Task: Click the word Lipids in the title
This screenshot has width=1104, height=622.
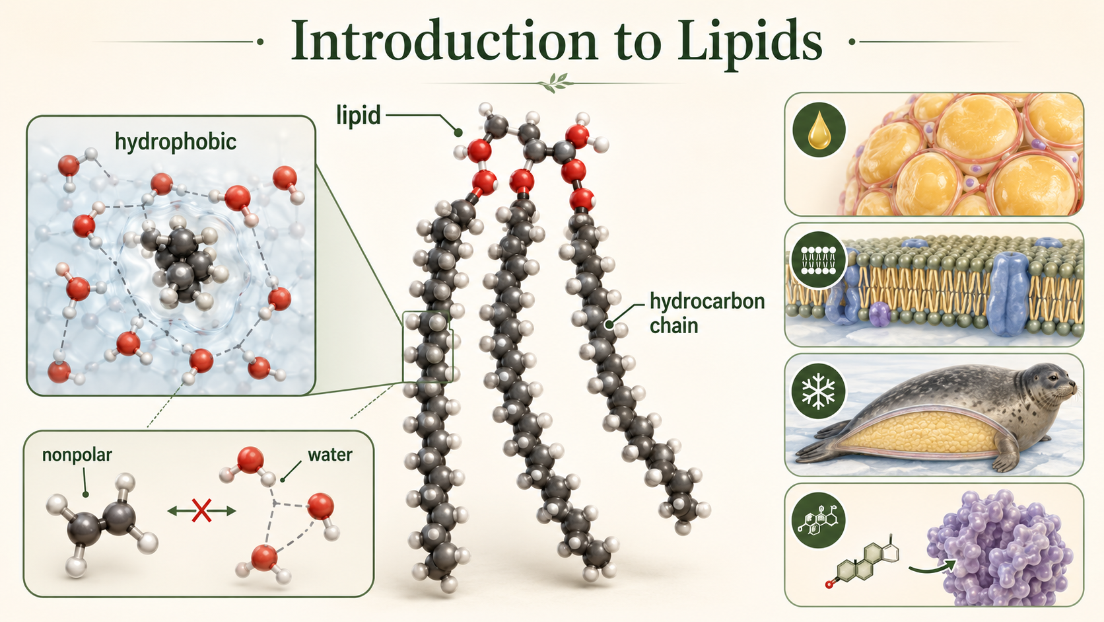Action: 749,42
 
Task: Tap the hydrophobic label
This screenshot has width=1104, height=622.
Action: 176,142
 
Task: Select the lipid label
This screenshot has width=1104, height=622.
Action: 359,116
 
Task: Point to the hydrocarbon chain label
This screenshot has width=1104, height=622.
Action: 707,313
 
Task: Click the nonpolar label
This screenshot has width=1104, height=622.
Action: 77,454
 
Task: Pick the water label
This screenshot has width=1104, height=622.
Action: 329,454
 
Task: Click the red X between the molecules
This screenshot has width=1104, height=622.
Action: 201,510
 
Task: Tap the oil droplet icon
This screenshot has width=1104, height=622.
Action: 819,130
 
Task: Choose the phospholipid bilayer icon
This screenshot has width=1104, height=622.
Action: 818,260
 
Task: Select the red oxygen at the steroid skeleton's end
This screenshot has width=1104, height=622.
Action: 829,585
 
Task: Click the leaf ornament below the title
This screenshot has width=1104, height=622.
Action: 555,83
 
